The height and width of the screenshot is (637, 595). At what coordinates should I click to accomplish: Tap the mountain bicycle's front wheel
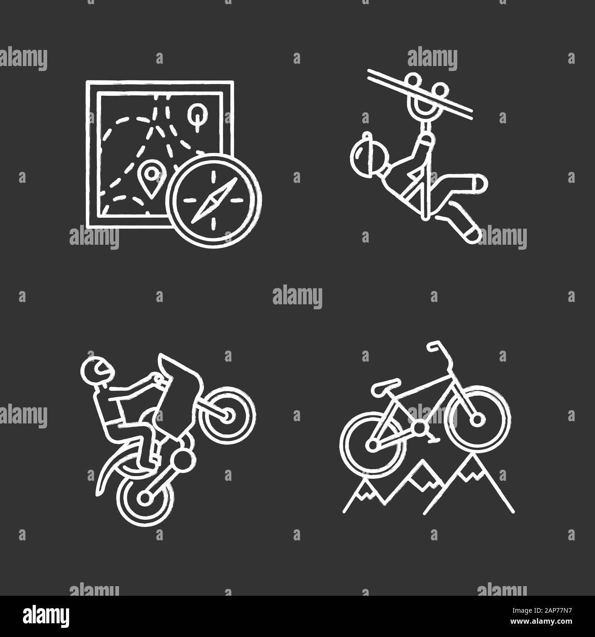pyautogui.click(x=476, y=419)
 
